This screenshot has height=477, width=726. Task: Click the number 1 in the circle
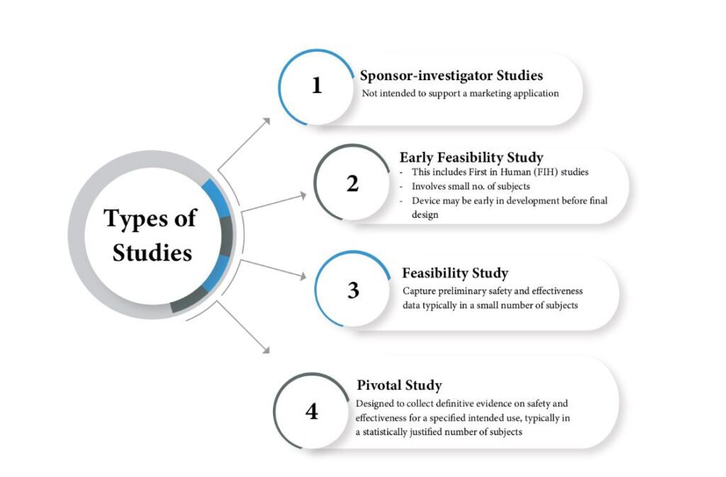(317, 85)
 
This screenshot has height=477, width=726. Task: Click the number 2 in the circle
(352, 184)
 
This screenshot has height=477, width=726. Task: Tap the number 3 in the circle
(353, 290)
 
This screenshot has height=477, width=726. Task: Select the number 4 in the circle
(312, 411)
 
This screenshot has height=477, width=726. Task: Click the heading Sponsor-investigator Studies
(452, 75)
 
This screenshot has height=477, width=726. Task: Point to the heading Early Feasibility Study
(471, 158)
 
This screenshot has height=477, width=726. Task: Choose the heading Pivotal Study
(399, 385)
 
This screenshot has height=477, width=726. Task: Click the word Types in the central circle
(137, 219)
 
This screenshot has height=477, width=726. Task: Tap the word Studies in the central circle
(152, 253)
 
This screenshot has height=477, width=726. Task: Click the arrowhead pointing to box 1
(267, 121)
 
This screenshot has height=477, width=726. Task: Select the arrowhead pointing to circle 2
(303, 196)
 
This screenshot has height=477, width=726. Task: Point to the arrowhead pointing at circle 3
(303, 276)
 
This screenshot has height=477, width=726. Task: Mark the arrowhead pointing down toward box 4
(266, 350)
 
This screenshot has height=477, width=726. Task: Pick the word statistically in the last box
(384, 432)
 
